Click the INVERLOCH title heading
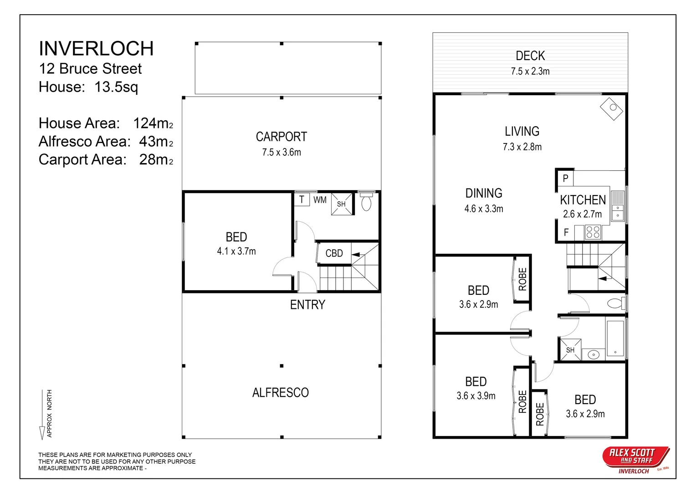(x=96, y=49)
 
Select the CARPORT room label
(x=281, y=137)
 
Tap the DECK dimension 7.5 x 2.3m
(x=530, y=72)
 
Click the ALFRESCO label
(x=280, y=392)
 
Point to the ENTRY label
(x=307, y=304)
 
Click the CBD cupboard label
(x=334, y=253)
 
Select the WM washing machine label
(x=320, y=200)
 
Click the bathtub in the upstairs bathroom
(x=615, y=338)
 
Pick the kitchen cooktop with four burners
(x=593, y=232)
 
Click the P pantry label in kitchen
(x=565, y=179)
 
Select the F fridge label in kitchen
(x=566, y=232)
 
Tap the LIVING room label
(x=522, y=131)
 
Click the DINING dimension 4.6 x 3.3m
(x=483, y=209)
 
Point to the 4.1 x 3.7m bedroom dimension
(x=236, y=251)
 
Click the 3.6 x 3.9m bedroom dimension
(x=476, y=396)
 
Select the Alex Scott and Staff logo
(x=635, y=457)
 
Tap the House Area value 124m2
(x=153, y=123)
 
